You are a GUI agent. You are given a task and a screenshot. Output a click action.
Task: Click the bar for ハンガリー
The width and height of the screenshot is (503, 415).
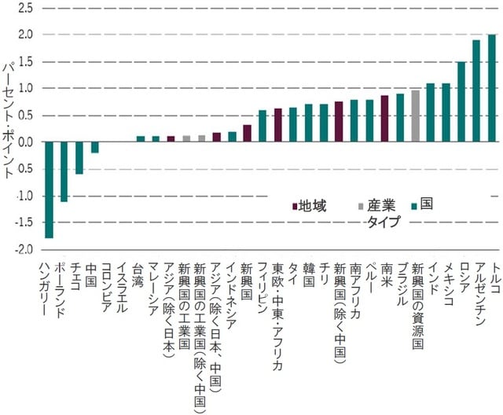click(x=49, y=189)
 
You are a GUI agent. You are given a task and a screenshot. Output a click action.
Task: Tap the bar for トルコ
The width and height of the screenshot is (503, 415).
click(x=492, y=88)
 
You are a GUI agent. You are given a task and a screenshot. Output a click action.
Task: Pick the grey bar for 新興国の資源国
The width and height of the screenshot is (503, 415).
click(x=416, y=116)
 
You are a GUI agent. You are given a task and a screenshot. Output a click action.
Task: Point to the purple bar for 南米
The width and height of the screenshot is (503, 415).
click(x=385, y=119)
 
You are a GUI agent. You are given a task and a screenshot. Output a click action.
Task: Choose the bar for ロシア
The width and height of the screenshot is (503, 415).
click(x=461, y=102)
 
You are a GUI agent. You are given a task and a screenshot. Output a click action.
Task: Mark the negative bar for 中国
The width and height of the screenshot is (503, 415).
click(x=94, y=147)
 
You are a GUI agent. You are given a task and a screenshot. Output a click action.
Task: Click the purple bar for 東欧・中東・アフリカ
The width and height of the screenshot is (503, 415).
click(x=277, y=125)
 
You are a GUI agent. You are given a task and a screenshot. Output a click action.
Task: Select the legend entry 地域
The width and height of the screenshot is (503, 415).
click(x=308, y=206)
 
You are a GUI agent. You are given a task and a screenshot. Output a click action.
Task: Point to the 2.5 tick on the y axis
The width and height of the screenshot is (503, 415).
click(x=24, y=8)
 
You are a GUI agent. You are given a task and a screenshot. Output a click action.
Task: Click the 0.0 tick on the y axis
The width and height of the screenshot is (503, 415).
click(x=24, y=142)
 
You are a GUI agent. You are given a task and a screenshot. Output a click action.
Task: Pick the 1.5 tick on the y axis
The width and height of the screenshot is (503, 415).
click(x=24, y=62)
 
